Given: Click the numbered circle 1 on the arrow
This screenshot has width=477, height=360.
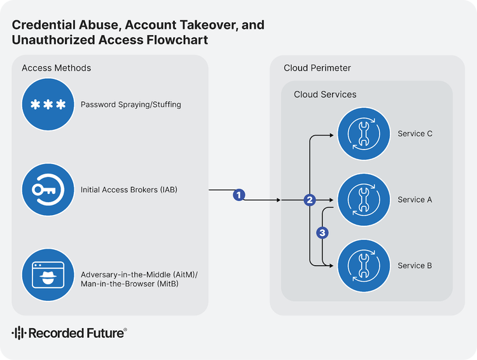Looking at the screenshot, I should point(239,195).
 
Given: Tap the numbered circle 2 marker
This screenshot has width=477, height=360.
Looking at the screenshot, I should point(310,200).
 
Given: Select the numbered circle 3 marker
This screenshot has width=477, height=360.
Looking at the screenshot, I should point(322,233).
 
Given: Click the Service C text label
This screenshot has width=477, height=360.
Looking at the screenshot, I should point(415,134).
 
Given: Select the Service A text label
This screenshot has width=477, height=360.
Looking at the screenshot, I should point(415,200).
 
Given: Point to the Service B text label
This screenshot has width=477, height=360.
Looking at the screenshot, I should point(415,266).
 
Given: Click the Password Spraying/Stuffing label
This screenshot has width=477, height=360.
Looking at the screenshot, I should point(130,104).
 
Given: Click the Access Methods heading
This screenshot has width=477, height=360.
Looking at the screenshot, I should point(56,68).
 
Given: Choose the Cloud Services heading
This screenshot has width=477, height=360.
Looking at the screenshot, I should point(325,95).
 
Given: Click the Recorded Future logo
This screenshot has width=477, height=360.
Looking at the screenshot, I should point(69,333).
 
